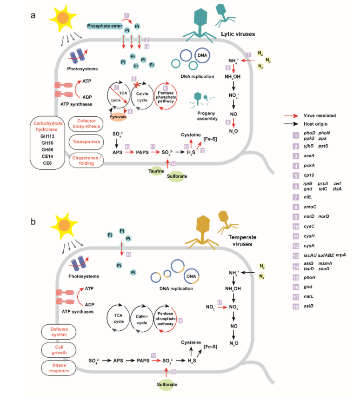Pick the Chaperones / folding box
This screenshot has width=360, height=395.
tap(87, 158)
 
